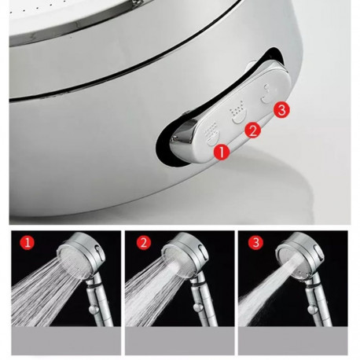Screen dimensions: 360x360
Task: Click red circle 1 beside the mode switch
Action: click(222, 152)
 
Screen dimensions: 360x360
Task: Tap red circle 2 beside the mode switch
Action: click(253, 130)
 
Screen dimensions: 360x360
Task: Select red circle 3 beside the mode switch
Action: click(281, 110)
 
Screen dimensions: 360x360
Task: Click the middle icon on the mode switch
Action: click(238, 112)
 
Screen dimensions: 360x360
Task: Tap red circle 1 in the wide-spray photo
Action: click(27, 242)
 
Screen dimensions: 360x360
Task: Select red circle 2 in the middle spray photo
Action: click(144, 243)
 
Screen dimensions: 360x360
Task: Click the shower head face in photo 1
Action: click(72, 262)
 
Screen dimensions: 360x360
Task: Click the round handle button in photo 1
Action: click(94, 309)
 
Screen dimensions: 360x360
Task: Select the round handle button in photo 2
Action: click(199, 308)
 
